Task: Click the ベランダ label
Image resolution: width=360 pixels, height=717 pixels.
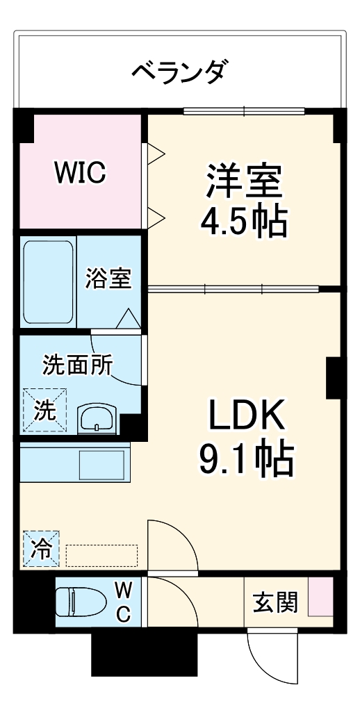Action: pyautogui.click(x=179, y=70)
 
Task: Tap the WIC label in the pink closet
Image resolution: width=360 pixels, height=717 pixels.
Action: pyautogui.click(x=81, y=173)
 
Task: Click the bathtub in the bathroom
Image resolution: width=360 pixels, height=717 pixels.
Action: pyautogui.click(x=48, y=282)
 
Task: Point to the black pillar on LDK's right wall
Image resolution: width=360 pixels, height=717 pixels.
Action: pyautogui.click(x=332, y=379)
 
